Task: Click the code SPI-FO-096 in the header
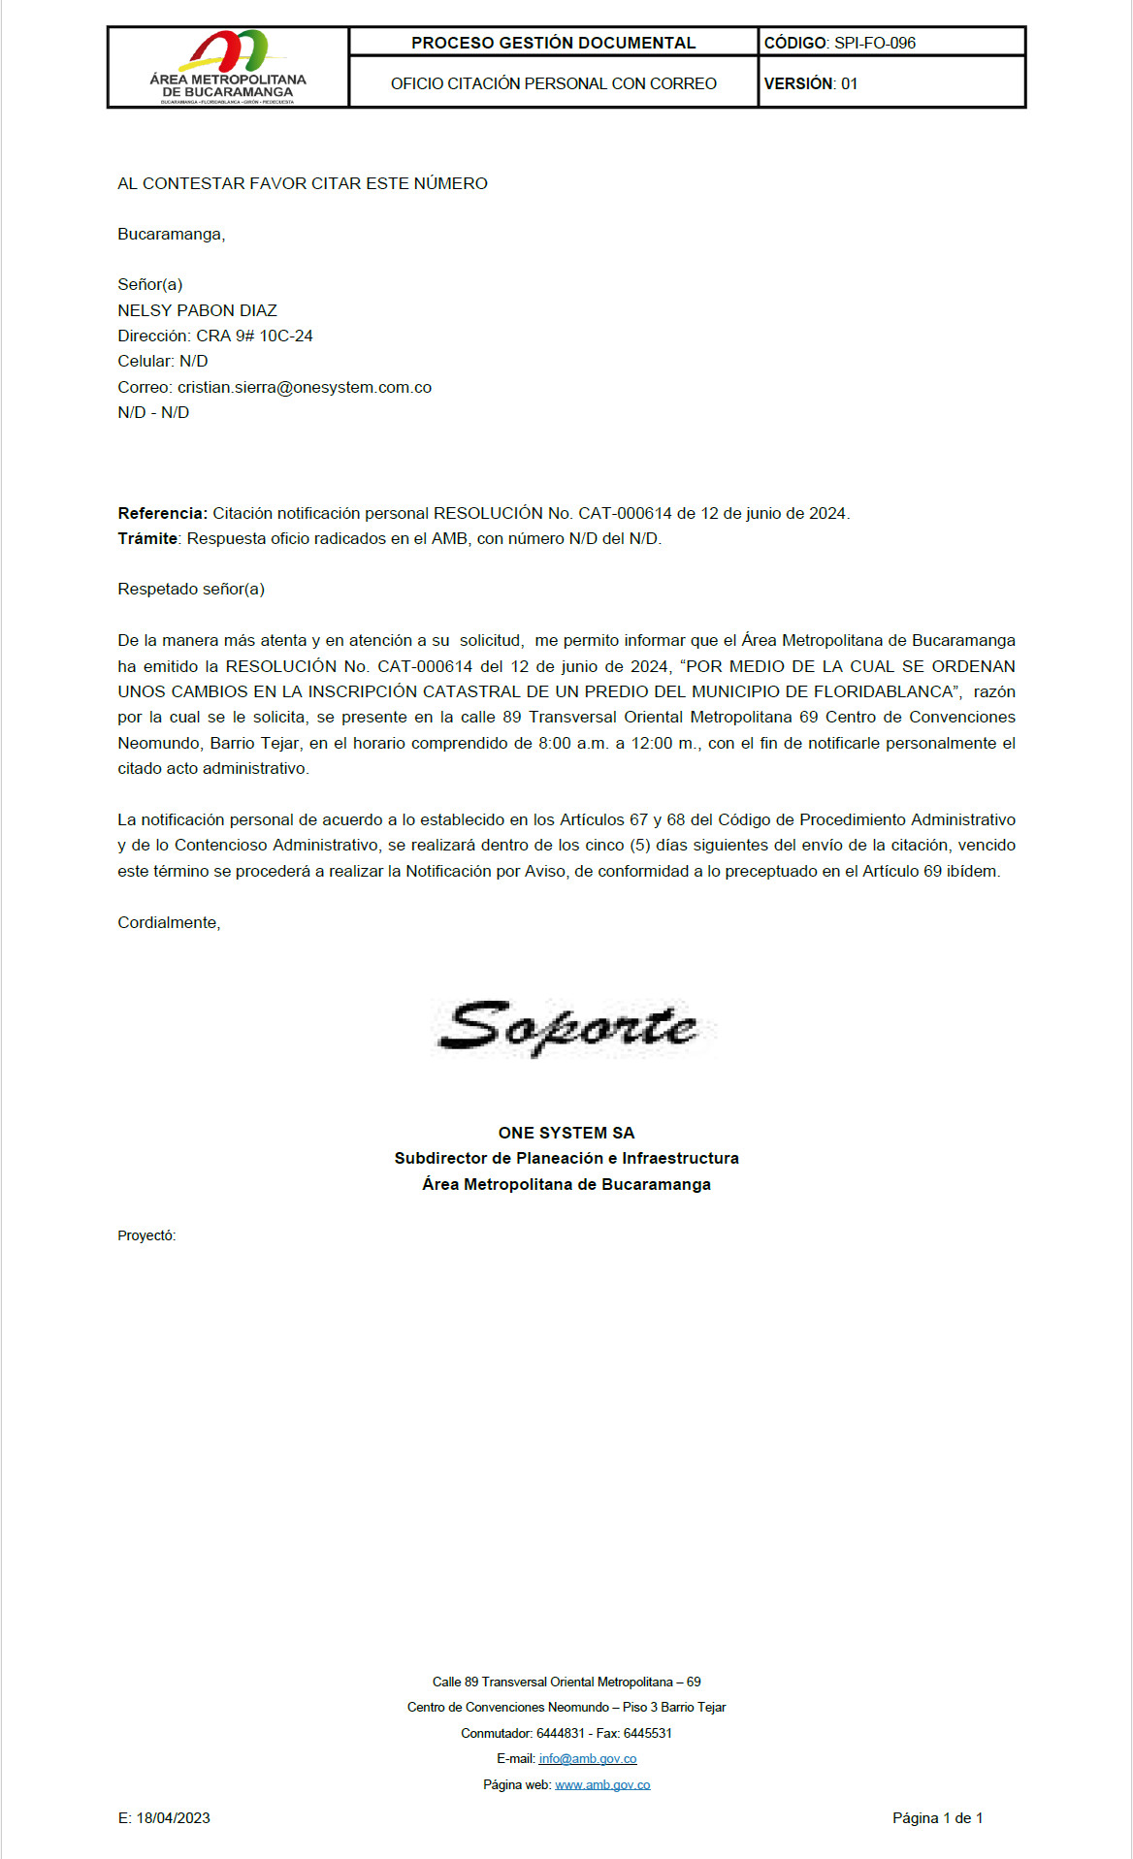point(874,43)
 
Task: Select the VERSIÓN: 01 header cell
point(811,83)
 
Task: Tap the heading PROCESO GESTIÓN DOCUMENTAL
point(553,43)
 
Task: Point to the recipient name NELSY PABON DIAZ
point(197,310)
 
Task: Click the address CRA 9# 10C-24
point(254,336)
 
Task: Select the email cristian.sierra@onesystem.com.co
point(305,387)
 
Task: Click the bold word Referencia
point(161,513)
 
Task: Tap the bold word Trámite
point(147,538)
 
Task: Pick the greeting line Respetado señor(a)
point(191,589)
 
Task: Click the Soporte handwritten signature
point(567,1027)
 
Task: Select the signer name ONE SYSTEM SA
point(566,1133)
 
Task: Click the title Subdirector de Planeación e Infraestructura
point(566,1158)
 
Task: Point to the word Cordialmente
point(169,922)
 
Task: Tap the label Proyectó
point(146,1235)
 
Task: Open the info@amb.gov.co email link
point(588,1758)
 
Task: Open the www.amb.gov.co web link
point(602,1784)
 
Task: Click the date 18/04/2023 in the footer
point(173,1818)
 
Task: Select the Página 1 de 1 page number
point(937,1818)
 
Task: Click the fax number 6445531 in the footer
point(647,1733)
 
